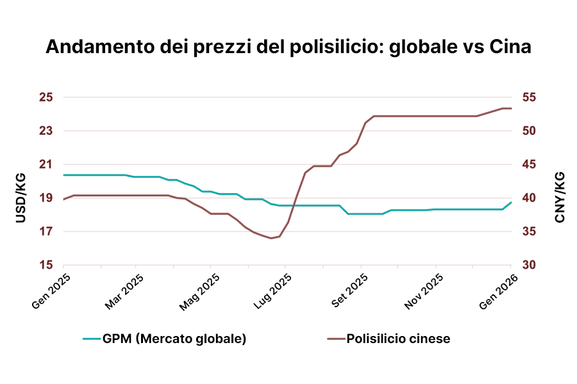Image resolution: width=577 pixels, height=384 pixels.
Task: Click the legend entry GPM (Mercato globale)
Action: [x=165, y=339]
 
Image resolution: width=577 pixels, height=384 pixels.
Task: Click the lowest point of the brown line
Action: [x=271, y=238]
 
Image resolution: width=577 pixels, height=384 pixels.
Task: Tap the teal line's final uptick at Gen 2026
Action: [x=511, y=202]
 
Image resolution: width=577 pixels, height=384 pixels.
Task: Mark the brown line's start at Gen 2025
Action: [x=63, y=199]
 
